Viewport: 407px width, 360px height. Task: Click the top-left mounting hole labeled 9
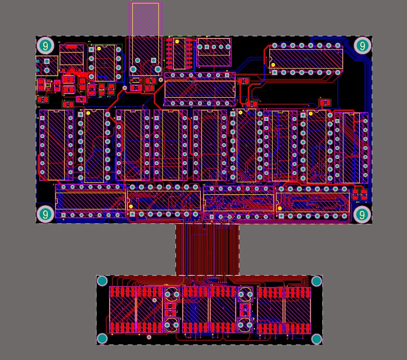(x=45, y=46)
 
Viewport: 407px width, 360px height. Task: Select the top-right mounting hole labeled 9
(x=363, y=46)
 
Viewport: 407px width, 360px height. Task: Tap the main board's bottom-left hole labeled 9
(x=45, y=214)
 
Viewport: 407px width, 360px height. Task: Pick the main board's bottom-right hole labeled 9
(x=362, y=214)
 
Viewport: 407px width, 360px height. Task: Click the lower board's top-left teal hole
(x=102, y=282)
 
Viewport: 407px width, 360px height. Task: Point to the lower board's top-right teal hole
(x=317, y=282)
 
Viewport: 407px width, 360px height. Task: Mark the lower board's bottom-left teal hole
(x=102, y=339)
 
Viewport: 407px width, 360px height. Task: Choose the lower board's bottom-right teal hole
(x=317, y=339)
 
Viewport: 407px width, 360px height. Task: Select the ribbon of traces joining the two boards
(x=208, y=249)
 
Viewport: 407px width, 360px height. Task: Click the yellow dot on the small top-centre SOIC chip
(x=177, y=41)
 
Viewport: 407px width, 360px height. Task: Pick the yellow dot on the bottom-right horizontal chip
(x=281, y=208)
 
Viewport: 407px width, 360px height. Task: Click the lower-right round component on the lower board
(x=245, y=326)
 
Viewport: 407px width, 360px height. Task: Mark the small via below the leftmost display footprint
(x=150, y=337)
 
